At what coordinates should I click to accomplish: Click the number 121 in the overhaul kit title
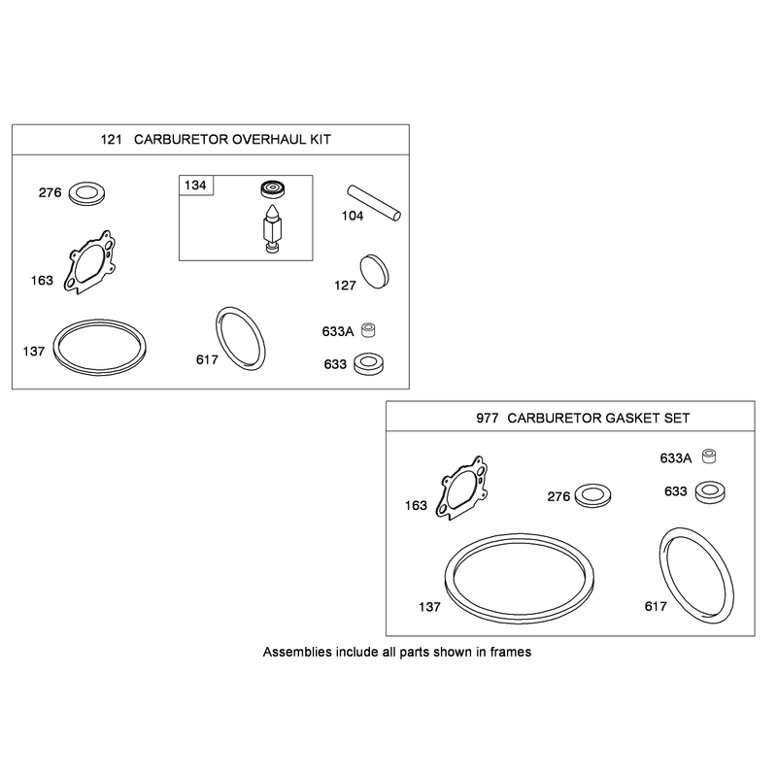coord(111,139)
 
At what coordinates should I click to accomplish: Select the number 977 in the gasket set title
coord(488,419)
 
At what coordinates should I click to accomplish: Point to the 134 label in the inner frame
coord(195,186)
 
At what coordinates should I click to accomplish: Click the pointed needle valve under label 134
coord(273,229)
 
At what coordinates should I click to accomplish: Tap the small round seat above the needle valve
coord(273,188)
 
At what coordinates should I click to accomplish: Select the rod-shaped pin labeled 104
coord(374,203)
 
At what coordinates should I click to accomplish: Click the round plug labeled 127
coord(375,272)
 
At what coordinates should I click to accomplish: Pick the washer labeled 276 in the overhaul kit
coord(86,193)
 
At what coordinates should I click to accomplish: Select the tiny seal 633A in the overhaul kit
coord(368,330)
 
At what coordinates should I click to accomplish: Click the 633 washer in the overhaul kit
coord(369,364)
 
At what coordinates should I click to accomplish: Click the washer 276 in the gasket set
coord(592,495)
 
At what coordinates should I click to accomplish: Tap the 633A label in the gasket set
coord(675,458)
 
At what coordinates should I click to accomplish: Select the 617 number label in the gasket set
coord(656,606)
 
